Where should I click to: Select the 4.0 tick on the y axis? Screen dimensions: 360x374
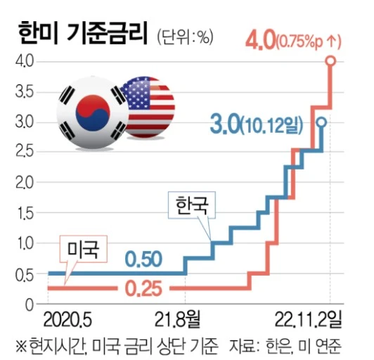pyautogui.click(x=23, y=62)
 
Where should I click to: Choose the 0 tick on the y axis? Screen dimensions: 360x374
pyautogui.click(x=29, y=305)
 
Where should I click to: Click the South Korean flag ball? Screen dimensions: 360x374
pyautogui.click(x=91, y=112)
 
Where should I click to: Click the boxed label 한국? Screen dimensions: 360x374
pyautogui.click(x=192, y=205)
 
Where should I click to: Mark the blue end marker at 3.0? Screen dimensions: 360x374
pyautogui.click(x=321, y=122)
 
